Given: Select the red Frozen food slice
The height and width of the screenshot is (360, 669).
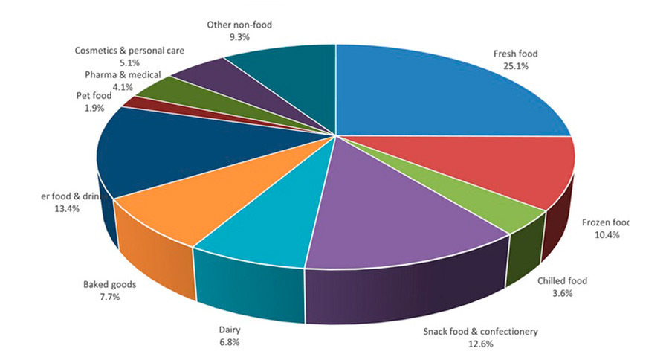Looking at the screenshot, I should [483, 167].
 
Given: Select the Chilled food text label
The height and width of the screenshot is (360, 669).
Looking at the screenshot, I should [562, 280].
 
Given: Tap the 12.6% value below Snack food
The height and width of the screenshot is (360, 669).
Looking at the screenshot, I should [479, 344].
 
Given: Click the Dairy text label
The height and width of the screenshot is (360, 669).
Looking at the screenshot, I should [230, 329].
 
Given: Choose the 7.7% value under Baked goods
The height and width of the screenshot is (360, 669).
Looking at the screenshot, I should [109, 297].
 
